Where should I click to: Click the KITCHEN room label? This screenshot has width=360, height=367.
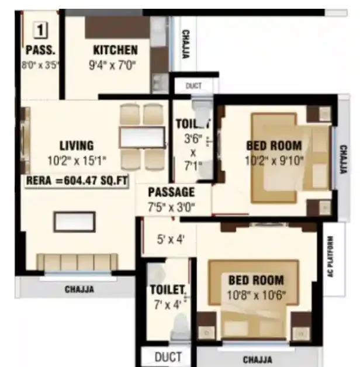pos(115,50)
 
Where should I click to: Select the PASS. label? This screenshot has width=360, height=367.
pos(40,50)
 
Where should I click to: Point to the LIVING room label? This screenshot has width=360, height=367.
pos(76,146)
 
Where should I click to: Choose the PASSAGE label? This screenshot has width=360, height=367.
pos(171,192)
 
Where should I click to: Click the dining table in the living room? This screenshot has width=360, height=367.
pos(141,137)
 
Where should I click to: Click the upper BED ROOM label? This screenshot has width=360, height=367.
pos(274,146)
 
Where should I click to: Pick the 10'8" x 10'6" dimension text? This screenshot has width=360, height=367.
pos(256,295)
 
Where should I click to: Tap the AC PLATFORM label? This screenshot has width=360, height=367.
pos(330,258)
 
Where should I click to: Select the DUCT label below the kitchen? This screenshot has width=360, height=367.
pos(193,86)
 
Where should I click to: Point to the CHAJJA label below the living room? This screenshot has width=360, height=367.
pos(79,289)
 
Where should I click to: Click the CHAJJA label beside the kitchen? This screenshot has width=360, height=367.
pos(185,44)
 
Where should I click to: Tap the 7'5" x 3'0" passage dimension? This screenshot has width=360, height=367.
pos(171,206)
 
